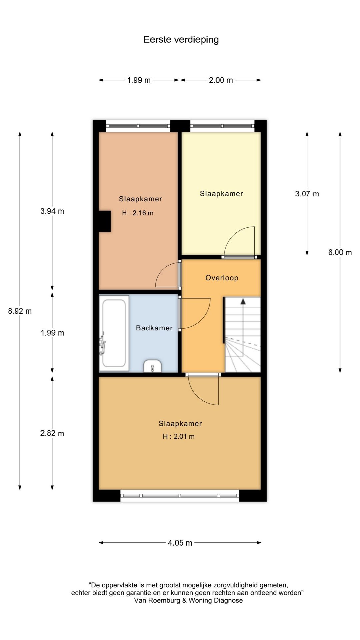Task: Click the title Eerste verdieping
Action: (x=181, y=40)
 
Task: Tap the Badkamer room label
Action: (x=154, y=328)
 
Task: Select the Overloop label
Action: (x=222, y=278)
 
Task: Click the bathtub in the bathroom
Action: (x=114, y=333)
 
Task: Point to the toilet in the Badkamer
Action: (x=153, y=366)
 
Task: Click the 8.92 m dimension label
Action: (x=20, y=311)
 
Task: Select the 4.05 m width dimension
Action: (x=180, y=543)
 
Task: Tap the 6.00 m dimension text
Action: (x=340, y=252)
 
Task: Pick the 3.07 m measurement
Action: (x=307, y=194)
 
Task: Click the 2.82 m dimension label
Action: (x=52, y=433)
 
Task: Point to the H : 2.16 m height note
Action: (x=138, y=213)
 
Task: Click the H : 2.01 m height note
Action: (x=179, y=436)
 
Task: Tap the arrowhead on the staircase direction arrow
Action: (x=243, y=301)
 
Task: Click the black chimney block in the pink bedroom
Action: (x=105, y=221)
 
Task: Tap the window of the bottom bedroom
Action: (x=180, y=496)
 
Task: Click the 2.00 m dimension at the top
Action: (x=221, y=80)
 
